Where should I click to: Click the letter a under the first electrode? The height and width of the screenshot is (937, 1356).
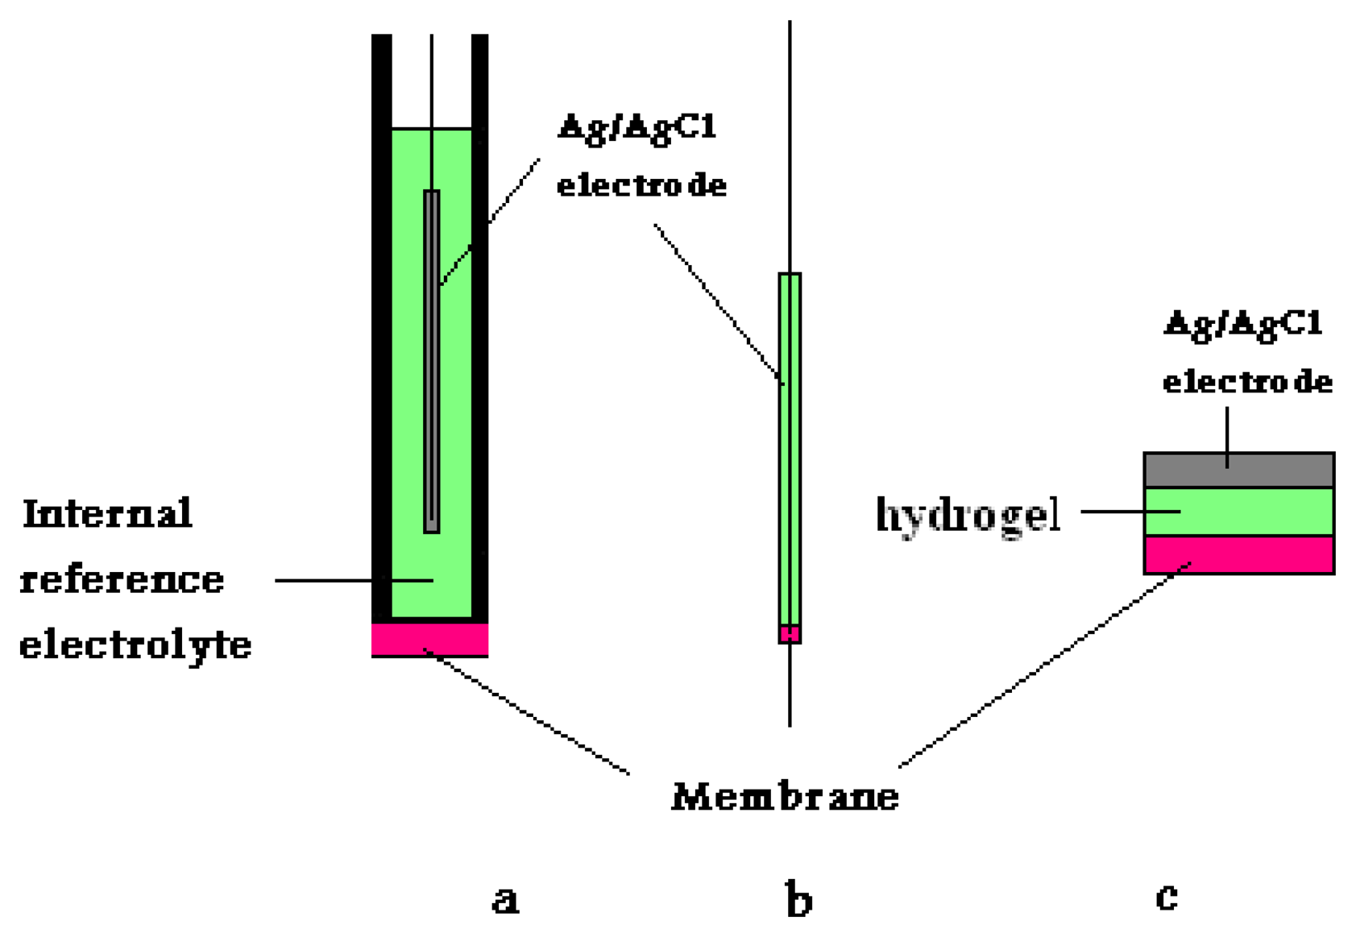click(505, 899)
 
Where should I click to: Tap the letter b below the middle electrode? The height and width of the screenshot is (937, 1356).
click(798, 899)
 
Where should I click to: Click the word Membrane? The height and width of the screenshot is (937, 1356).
click(785, 797)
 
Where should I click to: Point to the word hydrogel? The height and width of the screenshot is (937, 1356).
click(968, 515)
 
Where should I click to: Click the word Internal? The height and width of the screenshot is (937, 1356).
click(107, 514)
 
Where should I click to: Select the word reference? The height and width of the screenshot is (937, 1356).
click(122, 580)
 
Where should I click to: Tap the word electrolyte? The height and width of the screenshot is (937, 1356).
click(135, 645)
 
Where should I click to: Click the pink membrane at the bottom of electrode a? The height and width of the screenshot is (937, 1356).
click(429, 639)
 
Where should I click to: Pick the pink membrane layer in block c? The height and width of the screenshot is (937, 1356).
click(1238, 555)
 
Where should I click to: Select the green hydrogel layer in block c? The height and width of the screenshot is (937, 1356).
click(1238, 512)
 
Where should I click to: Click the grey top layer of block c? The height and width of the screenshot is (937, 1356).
click(1238, 471)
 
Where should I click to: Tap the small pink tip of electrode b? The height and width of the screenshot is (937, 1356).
click(790, 634)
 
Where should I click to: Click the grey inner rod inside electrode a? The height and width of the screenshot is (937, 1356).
click(432, 363)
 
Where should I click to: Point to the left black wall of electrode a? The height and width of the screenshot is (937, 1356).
click(381, 322)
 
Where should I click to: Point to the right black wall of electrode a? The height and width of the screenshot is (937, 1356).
click(480, 322)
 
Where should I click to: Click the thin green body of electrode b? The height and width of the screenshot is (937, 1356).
click(790, 451)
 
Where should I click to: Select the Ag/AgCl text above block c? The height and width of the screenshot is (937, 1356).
click(1244, 324)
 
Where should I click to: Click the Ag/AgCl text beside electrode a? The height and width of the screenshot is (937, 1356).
click(637, 127)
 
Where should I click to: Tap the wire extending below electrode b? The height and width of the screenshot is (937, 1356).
click(790, 685)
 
